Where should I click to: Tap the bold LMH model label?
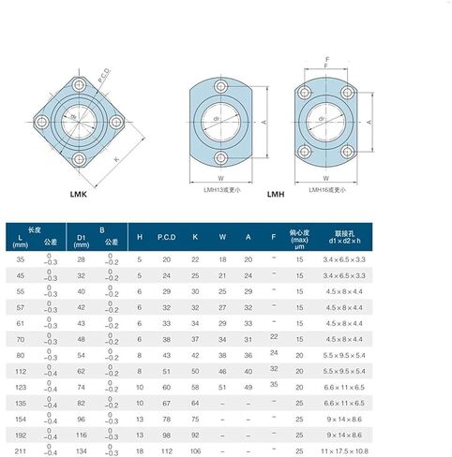point(276,194)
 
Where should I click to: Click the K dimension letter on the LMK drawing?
point(116,160)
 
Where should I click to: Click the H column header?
point(140,237)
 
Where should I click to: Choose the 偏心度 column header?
point(300,231)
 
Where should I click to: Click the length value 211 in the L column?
point(21,451)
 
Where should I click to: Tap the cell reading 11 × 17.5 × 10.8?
point(346,451)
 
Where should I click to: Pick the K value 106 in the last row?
point(195,451)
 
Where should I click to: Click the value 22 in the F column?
point(274,334)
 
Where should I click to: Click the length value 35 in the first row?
point(21,257)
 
